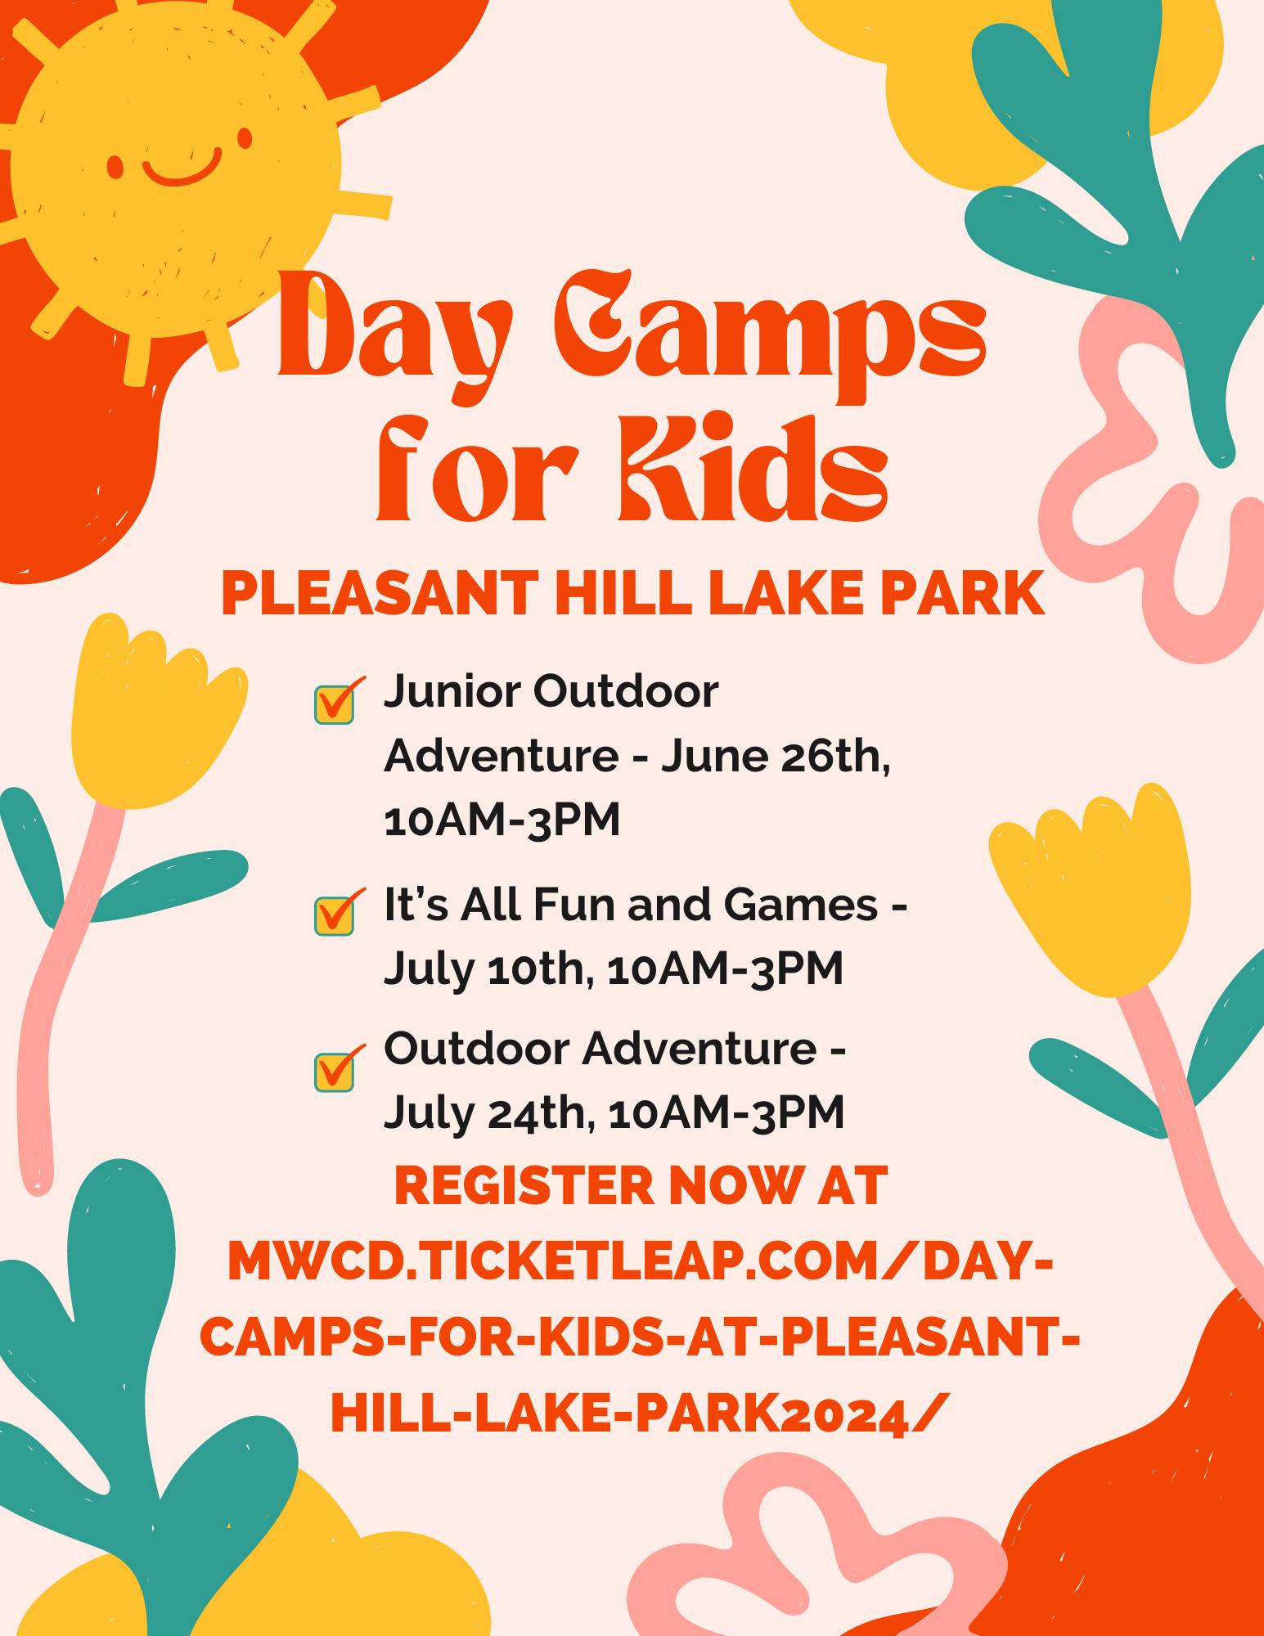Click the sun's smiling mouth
pyautogui.click(x=182, y=169)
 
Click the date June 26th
pyautogui.click(x=776, y=757)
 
